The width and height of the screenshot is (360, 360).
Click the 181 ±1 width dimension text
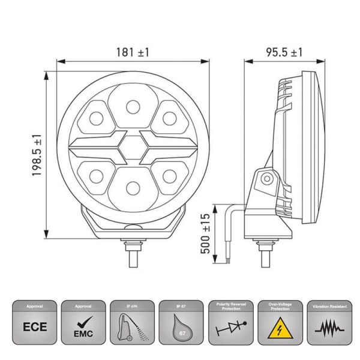[x=132, y=52]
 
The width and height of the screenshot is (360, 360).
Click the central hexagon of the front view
[x=132, y=146]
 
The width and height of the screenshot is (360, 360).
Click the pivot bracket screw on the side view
[x=266, y=178]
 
